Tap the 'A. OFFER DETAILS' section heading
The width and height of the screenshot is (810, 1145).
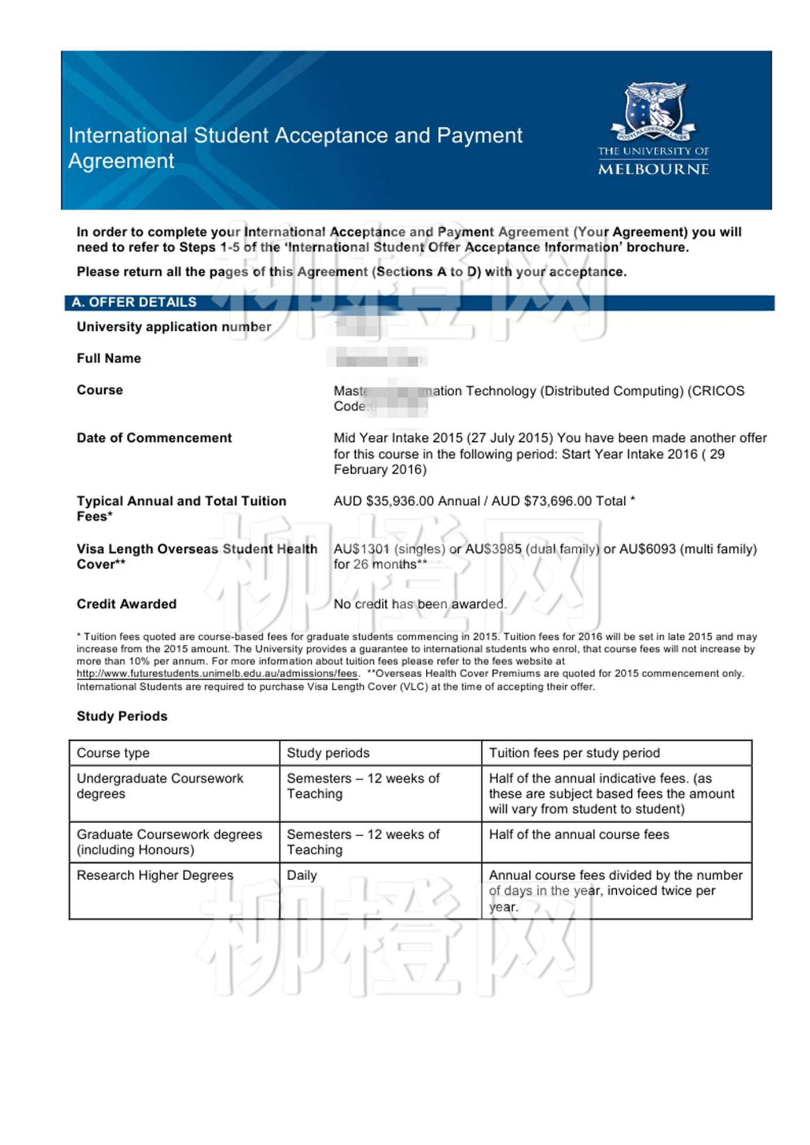[134, 302]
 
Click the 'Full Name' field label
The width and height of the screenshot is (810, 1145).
[109, 359]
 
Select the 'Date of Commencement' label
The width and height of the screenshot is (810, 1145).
[154, 438]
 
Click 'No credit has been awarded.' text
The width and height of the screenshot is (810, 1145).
[420, 604]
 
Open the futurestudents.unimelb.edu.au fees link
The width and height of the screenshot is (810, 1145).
[217, 674]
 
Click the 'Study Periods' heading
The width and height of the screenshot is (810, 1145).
[122, 716]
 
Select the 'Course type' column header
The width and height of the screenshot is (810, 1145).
[113, 753]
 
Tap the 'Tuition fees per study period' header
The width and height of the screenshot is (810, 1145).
[574, 753]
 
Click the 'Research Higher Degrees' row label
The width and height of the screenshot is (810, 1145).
[155, 876]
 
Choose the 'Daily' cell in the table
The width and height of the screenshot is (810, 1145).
[301, 876]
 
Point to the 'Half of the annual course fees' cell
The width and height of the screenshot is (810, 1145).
[579, 834]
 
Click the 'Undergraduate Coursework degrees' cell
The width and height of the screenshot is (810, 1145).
[160, 786]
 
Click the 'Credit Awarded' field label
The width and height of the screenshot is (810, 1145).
[127, 604]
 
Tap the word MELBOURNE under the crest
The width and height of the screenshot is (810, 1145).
[653, 169]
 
